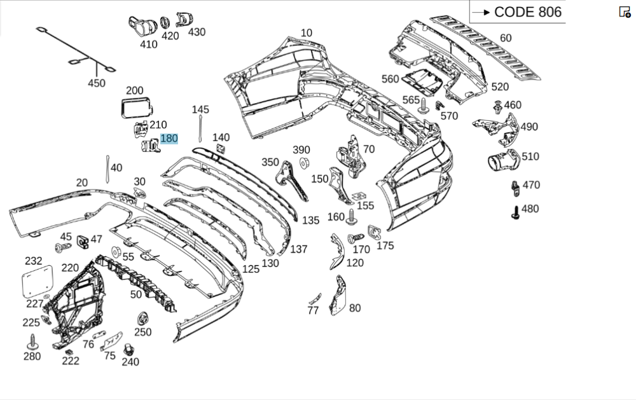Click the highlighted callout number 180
(169, 139)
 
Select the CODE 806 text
(527, 11)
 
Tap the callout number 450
(97, 83)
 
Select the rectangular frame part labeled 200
(135, 107)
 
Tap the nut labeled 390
(303, 163)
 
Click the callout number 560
(390, 79)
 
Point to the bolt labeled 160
(351, 218)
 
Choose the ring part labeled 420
(164, 23)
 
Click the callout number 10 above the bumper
(307, 33)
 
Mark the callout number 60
(506, 38)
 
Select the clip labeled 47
(82, 242)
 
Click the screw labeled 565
(424, 107)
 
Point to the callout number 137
(299, 249)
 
